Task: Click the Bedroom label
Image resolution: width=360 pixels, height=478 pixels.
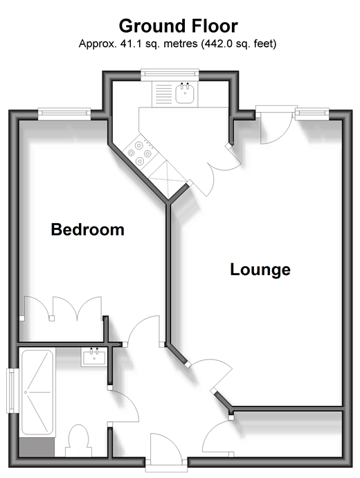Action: (88, 229)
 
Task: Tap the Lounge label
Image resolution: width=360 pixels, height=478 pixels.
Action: (260, 269)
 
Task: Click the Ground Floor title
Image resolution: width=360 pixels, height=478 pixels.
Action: (178, 26)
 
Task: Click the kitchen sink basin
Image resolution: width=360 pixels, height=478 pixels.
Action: (184, 94)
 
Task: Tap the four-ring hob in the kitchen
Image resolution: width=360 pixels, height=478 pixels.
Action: (140, 153)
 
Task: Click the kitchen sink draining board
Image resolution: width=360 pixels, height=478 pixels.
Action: (164, 94)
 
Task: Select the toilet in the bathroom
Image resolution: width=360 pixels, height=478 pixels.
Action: (78, 441)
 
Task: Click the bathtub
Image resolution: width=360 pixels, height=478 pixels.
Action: (37, 392)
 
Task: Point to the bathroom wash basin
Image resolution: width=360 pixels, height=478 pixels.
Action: (94, 357)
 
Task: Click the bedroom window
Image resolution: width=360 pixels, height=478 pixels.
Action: (64, 113)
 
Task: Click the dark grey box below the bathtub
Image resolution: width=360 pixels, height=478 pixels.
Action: (37, 447)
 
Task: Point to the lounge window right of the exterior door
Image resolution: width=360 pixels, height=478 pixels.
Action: (312, 113)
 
